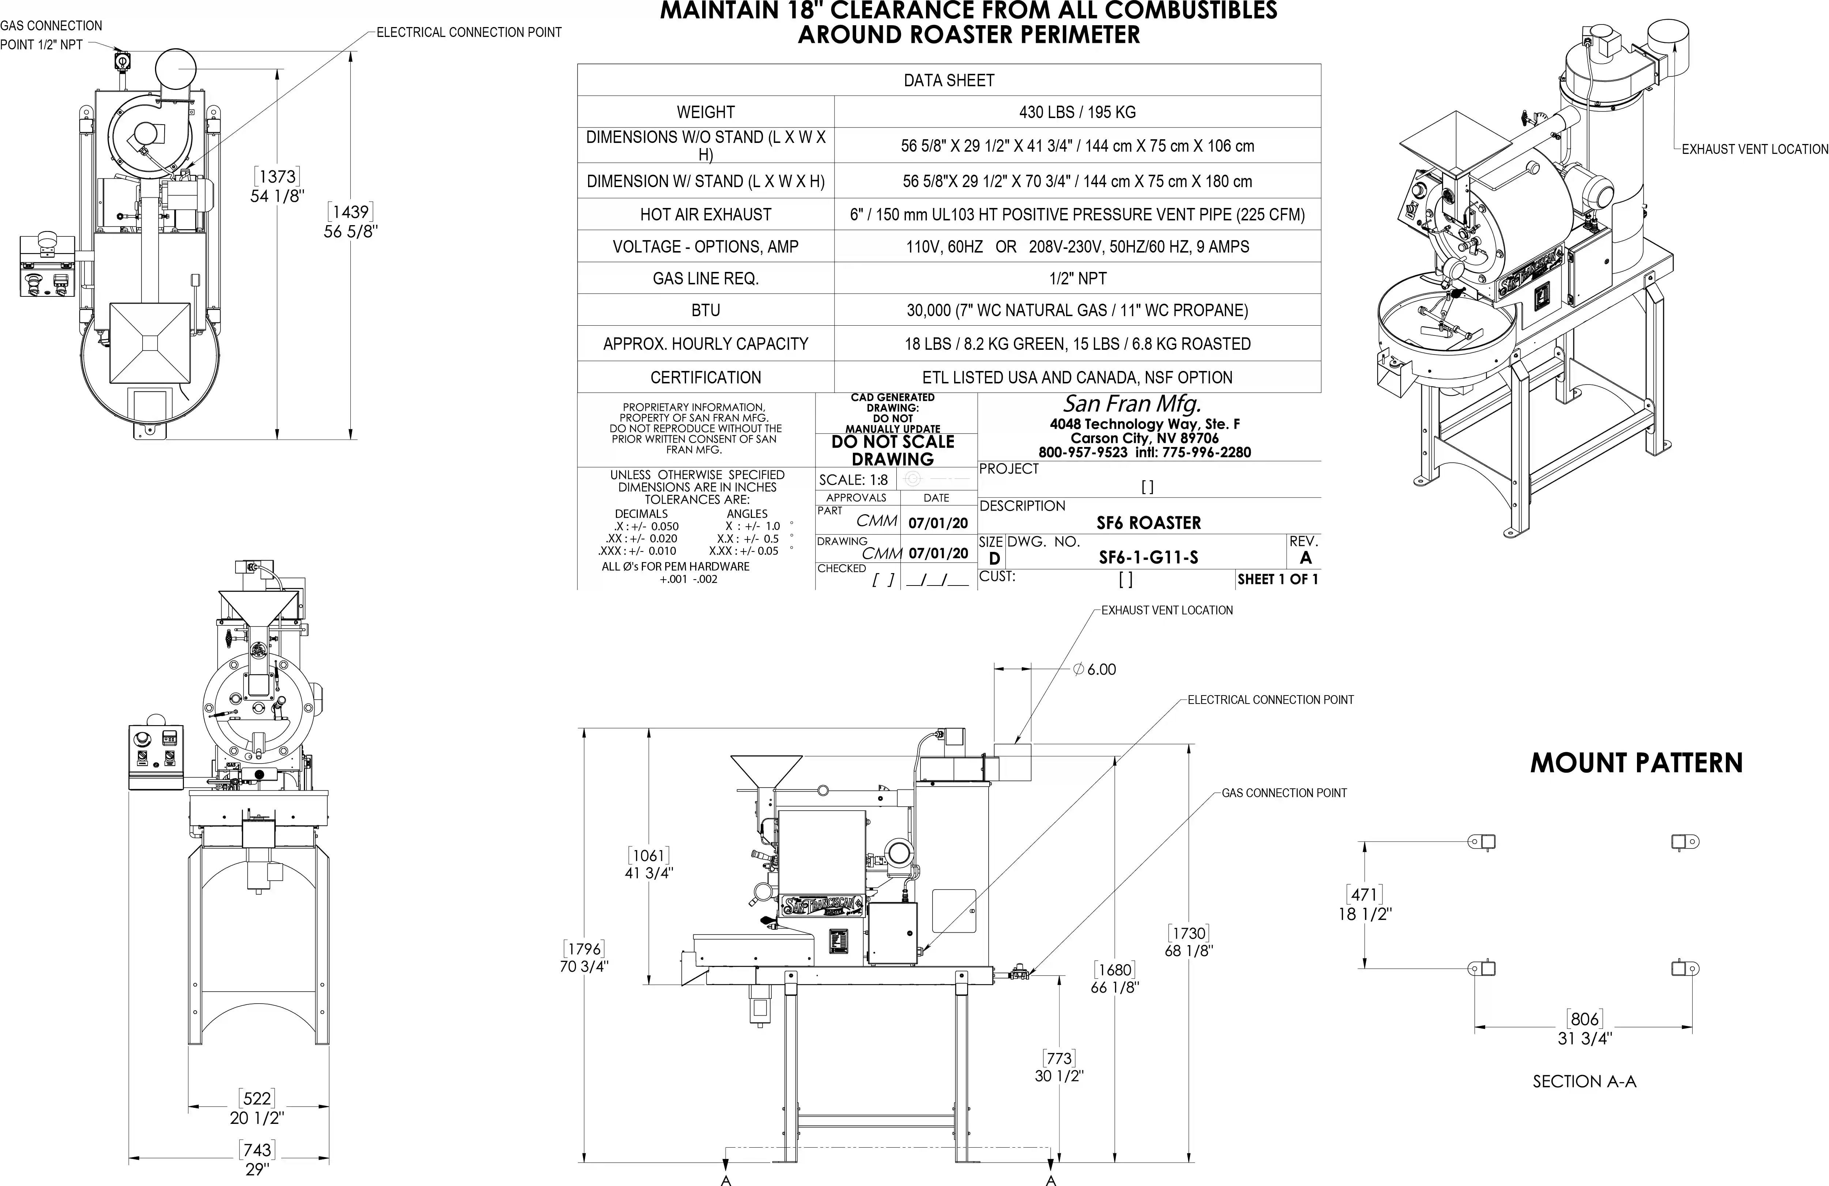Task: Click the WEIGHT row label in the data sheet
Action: [x=705, y=112]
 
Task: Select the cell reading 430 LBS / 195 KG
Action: [x=1077, y=112]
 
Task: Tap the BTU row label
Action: [x=705, y=310]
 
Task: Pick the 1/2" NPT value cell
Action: [x=1077, y=278]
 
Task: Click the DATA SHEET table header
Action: [x=949, y=81]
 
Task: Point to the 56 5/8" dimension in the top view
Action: [x=350, y=231]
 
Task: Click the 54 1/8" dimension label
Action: [x=278, y=196]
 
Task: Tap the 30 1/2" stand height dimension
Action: [x=1059, y=1075]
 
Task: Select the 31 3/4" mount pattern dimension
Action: [x=1585, y=1038]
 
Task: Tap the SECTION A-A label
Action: [x=1585, y=1081]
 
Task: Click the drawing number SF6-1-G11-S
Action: [x=1148, y=558]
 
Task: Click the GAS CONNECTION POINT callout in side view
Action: [x=1284, y=793]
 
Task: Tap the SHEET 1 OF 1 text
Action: [x=1277, y=579]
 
